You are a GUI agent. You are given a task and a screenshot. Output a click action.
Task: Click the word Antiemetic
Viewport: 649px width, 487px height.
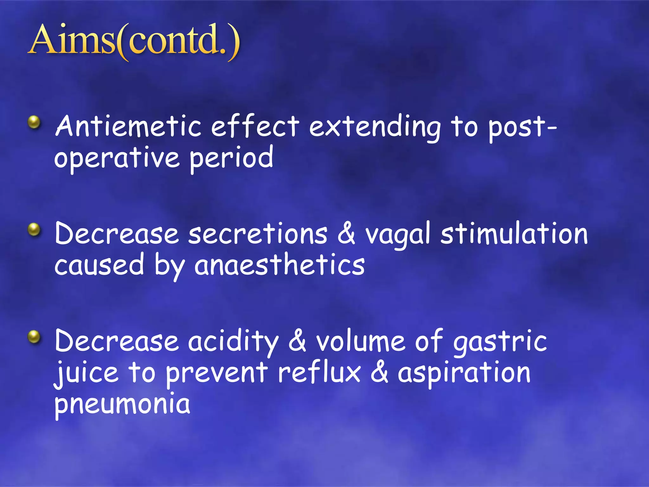pos(128,126)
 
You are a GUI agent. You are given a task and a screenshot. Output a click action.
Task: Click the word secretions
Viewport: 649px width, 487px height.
pos(258,234)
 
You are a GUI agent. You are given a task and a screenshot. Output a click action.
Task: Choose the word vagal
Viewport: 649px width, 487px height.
pos(398,235)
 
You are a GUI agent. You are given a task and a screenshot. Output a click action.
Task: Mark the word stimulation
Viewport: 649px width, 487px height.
pos(514,234)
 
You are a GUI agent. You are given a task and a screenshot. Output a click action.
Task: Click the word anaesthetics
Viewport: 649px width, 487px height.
pos(280,265)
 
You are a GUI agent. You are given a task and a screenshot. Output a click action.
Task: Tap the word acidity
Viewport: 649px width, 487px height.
pos(233,342)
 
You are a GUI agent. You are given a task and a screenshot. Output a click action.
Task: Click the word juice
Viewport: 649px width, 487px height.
pos(86,373)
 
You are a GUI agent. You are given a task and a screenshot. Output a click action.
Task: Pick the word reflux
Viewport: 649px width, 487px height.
pos(319,372)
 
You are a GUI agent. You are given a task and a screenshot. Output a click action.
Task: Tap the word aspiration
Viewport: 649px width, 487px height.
pos(464,373)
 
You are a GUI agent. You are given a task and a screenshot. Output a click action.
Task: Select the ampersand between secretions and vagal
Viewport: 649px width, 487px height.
pos(346,234)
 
